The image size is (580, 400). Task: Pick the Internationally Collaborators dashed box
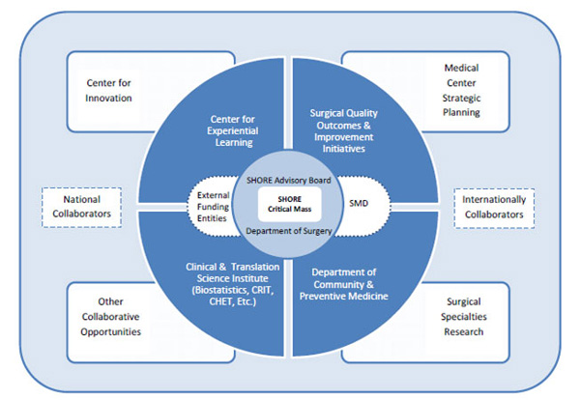point(494,207)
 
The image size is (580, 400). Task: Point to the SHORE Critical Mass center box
point(289,204)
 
